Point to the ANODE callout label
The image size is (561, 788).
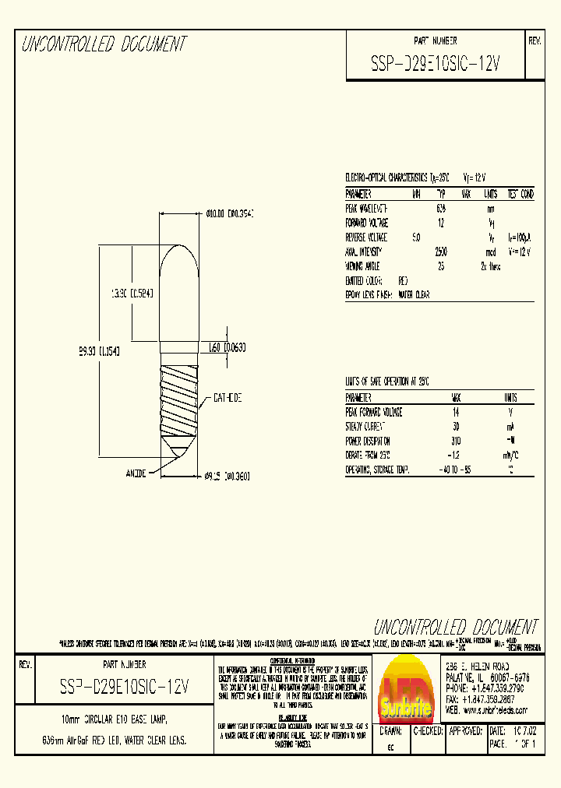coord(137,472)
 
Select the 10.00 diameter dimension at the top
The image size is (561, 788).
coord(231,213)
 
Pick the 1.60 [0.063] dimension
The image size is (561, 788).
coord(228,348)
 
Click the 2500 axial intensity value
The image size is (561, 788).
coord(441,252)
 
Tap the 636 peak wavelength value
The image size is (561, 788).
coord(441,209)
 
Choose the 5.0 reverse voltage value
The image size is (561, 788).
coord(416,237)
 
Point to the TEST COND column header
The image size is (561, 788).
coord(520,194)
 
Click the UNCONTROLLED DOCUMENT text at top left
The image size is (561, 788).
coord(104,44)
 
